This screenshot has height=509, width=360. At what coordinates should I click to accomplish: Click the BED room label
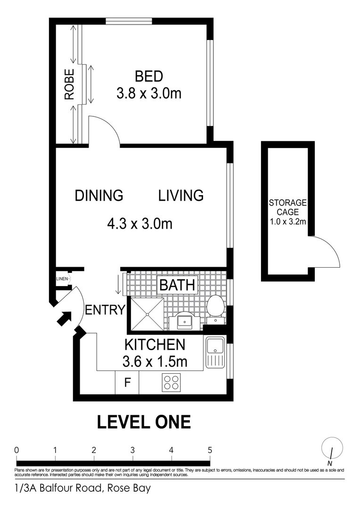click(x=148, y=76)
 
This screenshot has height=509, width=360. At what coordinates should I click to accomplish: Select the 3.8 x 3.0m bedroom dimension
click(x=148, y=93)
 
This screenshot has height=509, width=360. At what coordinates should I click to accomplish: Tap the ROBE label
click(x=69, y=84)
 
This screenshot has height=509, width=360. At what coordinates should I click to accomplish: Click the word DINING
click(x=99, y=195)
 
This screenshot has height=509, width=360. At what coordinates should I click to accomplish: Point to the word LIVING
click(x=180, y=195)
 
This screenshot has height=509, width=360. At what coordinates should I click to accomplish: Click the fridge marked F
click(x=127, y=383)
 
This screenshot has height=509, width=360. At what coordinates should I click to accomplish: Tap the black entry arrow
click(x=64, y=319)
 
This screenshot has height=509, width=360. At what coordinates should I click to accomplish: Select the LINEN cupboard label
click(x=62, y=279)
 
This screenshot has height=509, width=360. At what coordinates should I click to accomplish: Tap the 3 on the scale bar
click(x=133, y=449)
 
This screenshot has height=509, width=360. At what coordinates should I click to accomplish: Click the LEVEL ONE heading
click(x=144, y=422)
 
